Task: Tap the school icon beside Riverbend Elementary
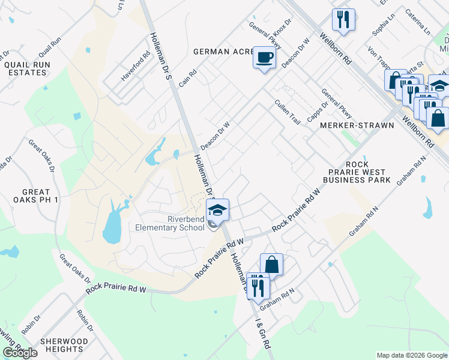pyautogui.click(x=217, y=210)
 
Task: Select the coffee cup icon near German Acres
pyautogui.click(x=264, y=58)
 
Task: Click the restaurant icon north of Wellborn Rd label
pyautogui.click(x=343, y=19)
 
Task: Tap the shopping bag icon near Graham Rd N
pyautogui.click(x=271, y=265)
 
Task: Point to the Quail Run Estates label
pyautogui.click(x=26, y=68)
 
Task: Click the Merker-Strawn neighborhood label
pyautogui.click(x=357, y=125)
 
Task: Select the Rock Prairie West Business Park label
pyautogui.click(x=357, y=172)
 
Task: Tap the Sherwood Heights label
pyautogui.click(x=64, y=345)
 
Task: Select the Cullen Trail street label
pyautogui.click(x=287, y=112)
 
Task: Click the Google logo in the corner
pyautogui.click(x=20, y=353)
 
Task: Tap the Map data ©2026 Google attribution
pyautogui.click(x=412, y=355)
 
